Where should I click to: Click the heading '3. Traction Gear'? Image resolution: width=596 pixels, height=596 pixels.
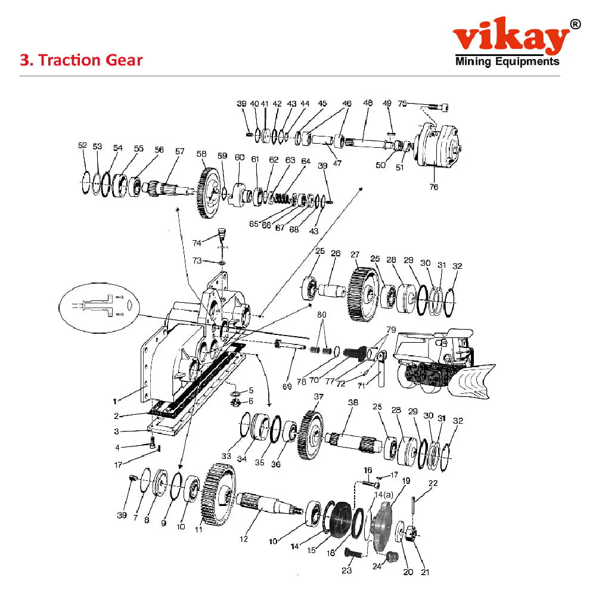click(81, 60)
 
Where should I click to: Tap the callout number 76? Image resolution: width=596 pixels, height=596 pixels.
click(434, 187)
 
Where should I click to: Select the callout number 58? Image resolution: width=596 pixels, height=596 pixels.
click(201, 154)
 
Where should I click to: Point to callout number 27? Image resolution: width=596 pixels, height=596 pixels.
click(355, 254)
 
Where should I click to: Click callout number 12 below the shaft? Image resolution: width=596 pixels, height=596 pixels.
click(244, 539)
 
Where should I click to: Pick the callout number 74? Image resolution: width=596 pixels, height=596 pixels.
click(197, 243)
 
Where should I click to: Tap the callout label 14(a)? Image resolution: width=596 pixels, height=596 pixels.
click(384, 495)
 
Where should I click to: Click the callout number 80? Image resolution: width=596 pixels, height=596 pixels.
click(322, 315)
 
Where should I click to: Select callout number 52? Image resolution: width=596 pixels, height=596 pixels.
click(82, 145)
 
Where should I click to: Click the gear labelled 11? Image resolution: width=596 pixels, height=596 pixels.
click(219, 495)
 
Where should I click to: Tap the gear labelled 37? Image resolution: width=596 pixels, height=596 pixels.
click(312, 435)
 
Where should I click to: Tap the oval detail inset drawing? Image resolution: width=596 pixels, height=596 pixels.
click(99, 308)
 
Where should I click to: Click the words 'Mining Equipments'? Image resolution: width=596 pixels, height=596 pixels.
click(507, 61)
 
